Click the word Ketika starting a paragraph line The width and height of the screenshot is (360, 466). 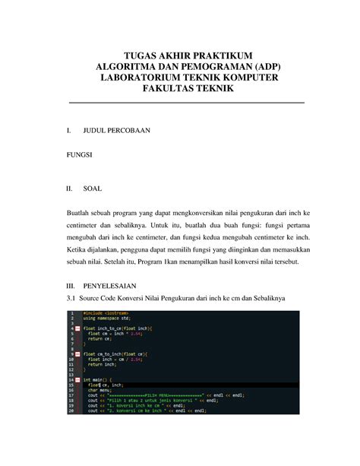(80, 249)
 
